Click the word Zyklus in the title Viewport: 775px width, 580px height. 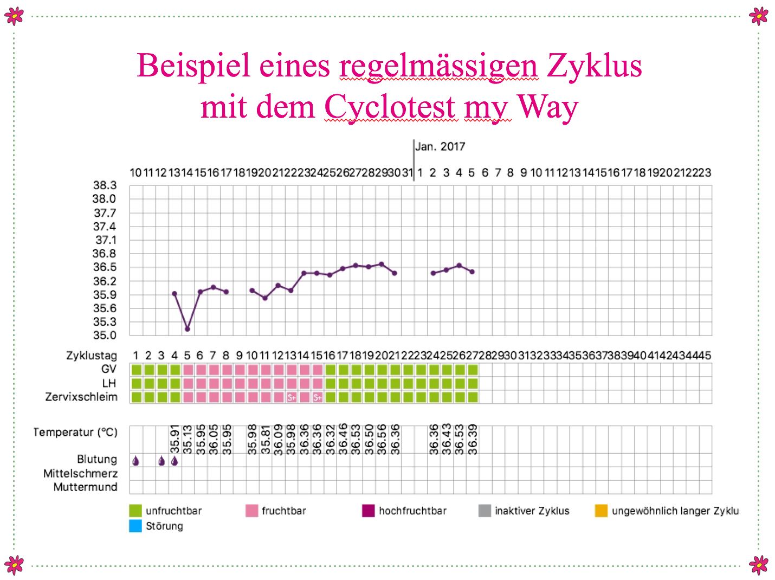pyautogui.click(x=594, y=66)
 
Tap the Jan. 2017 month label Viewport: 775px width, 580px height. pyautogui.click(x=440, y=146)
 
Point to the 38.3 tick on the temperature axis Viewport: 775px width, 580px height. pyautogui.click(x=105, y=185)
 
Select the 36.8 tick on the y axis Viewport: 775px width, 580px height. pyautogui.click(x=105, y=254)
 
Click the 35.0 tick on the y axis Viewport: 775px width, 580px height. pyautogui.click(x=105, y=336)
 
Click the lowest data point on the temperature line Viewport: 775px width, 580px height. pyautogui.click(x=188, y=329)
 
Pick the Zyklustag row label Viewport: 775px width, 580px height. pyautogui.click(x=92, y=356)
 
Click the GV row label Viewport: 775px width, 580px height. pyautogui.click(x=109, y=369)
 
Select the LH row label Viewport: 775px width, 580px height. pyautogui.click(x=109, y=383)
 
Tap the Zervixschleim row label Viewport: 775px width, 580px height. pyautogui.click(x=81, y=397)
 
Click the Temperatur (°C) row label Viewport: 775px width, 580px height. pyautogui.click(x=75, y=432)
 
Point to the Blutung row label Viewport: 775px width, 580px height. pyautogui.click(x=97, y=459)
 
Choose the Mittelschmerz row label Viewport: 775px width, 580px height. pyautogui.click(x=80, y=473)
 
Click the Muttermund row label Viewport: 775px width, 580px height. pyautogui.click(x=85, y=487)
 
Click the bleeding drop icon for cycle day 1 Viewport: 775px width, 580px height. pyautogui.click(x=135, y=461)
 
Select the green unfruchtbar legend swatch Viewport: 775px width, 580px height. pyautogui.click(x=135, y=511)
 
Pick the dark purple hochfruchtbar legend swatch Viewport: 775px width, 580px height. pyautogui.click(x=369, y=511)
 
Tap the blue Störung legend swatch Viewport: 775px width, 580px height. pyautogui.click(x=135, y=526)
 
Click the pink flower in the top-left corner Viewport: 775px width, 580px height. pyautogui.click(x=14, y=16)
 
